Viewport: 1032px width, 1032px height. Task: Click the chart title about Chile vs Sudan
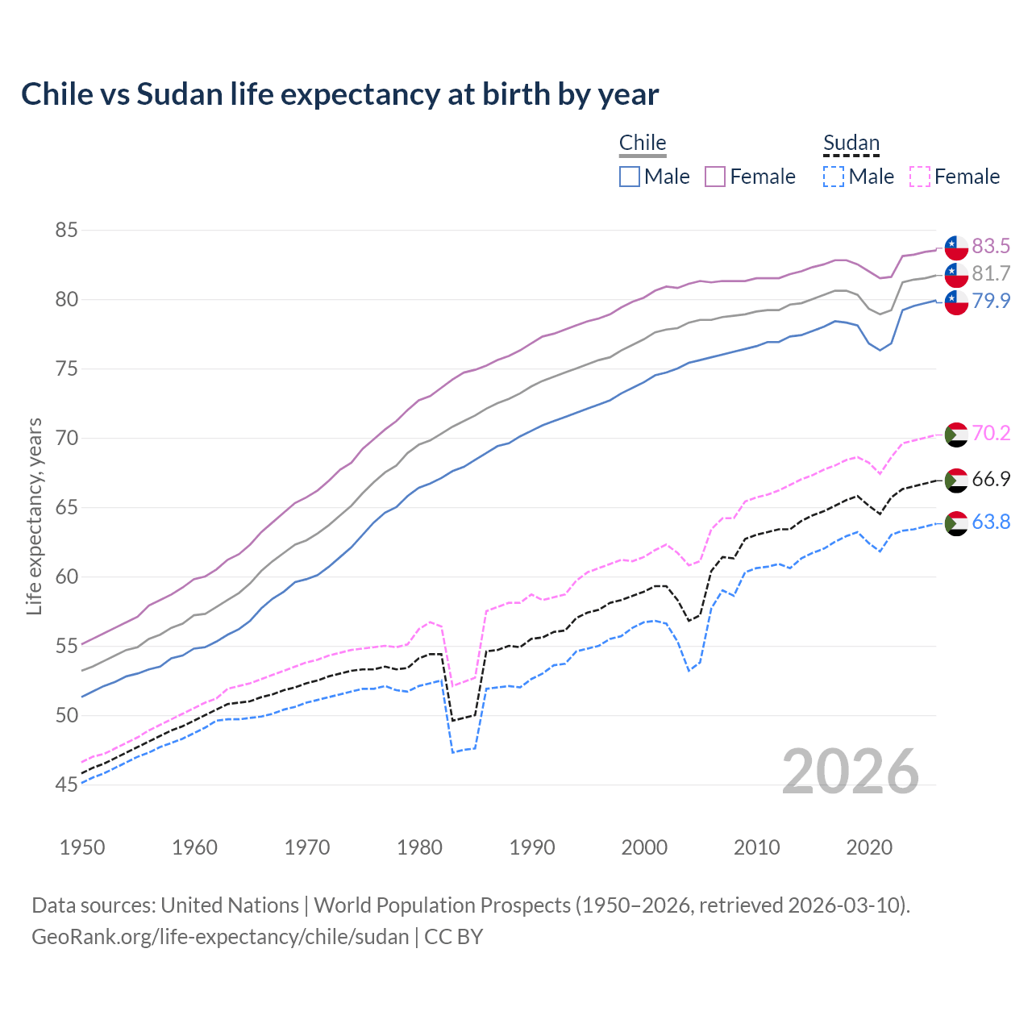click(x=339, y=94)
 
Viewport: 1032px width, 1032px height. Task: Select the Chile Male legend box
click(x=630, y=177)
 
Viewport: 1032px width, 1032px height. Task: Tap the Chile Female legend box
click(x=715, y=177)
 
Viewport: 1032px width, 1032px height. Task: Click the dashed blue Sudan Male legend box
click(x=834, y=177)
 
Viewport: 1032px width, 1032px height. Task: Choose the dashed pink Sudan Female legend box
click(x=920, y=177)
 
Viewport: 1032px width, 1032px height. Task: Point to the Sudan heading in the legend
click(x=851, y=143)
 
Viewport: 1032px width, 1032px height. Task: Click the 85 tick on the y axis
click(x=66, y=231)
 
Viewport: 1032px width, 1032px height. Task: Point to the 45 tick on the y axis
click(x=66, y=784)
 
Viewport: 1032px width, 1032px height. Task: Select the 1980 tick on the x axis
click(x=419, y=847)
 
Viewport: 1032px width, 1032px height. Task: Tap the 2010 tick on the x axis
click(x=756, y=847)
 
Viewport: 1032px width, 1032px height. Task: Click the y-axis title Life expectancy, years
click(x=34, y=516)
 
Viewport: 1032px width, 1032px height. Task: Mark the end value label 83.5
click(x=991, y=246)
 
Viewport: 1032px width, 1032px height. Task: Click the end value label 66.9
click(x=991, y=479)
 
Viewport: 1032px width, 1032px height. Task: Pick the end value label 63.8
click(x=991, y=522)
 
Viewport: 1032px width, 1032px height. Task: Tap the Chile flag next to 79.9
click(x=956, y=302)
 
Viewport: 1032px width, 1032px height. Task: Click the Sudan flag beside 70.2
click(x=956, y=434)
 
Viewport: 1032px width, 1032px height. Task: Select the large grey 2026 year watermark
click(x=851, y=772)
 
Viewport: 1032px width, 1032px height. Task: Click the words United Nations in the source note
click(x=230, y=905)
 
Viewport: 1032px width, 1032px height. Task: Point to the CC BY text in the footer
click(x=453, y=937)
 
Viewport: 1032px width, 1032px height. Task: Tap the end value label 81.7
click(x=991, y=273)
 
